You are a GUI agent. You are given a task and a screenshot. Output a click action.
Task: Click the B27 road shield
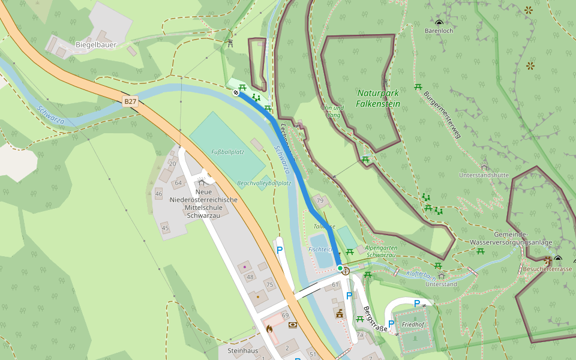(x=131, y=102)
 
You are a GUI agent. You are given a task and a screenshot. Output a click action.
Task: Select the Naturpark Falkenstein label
(x=378, y=98)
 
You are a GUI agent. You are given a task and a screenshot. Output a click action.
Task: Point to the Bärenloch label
(x=439, y=30)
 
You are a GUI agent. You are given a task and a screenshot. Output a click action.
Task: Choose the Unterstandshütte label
(x=484, y=175)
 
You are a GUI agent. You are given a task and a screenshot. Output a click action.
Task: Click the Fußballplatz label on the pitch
(x=228, y=152)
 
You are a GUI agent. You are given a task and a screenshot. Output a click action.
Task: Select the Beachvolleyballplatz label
(x=264, y=183)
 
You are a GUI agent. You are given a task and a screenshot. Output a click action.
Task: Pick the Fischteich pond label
(x=320, y=248)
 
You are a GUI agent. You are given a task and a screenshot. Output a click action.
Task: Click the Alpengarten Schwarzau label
(x=380, y=251)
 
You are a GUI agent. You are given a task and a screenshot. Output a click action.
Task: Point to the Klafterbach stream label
(x=420, y=275)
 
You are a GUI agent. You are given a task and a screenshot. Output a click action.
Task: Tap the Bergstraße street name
(x=375, y=320)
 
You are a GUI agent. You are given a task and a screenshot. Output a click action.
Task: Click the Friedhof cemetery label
(x=413, y=324)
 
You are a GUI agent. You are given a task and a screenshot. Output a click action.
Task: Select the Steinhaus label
(x=242, y=350)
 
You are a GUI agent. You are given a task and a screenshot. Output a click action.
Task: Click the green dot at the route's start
(x=340, y=268)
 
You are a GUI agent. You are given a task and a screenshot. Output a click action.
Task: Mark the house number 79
(x=320, y=200)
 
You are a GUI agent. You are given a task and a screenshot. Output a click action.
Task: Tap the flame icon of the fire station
(x=269, y=329)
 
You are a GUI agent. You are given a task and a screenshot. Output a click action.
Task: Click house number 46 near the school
(x=158, y=194)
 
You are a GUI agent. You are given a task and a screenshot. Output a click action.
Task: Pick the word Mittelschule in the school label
(x=203, y=207)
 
